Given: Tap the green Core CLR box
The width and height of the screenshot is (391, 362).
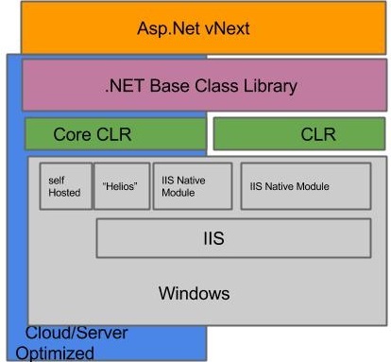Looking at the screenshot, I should [114, 134].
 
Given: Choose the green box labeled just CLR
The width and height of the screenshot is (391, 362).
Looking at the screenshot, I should [299, 134].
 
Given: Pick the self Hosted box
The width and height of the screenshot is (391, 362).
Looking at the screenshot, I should [65, 185].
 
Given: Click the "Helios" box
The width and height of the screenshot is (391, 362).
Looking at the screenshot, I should [121, 185].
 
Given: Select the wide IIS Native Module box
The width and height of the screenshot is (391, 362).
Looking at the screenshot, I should [305, 186].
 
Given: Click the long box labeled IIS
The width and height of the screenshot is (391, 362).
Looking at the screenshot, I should [233, 239].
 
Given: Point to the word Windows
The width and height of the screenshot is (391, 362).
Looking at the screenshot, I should [193, 293].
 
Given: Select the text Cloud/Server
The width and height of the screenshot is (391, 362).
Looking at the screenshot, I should [76, 334].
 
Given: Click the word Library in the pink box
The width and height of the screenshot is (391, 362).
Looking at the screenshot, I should [268, 86].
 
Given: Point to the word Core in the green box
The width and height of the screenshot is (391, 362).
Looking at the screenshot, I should [73, 134].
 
